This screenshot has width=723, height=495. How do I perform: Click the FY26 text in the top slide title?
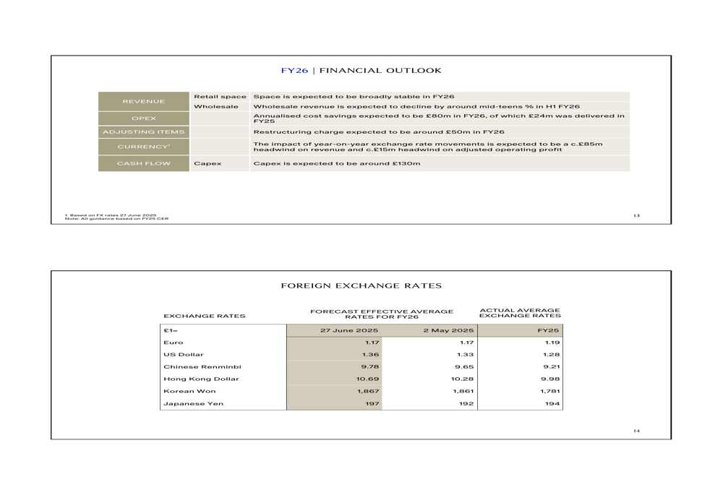coord(294,71)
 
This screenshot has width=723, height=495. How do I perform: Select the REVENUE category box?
coord(143,102)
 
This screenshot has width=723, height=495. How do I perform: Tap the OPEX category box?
coord(143,119)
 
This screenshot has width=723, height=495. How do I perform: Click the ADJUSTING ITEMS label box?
coord(143,132)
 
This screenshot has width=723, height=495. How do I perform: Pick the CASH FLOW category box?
coord(143,163)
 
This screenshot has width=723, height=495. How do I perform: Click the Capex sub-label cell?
coord(208,163)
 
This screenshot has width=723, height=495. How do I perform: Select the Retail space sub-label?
coord(220,97)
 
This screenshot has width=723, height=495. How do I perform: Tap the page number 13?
coord(636,215)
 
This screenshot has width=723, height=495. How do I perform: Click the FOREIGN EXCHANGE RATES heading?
coord(361,287)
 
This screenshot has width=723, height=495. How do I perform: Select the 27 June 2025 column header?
coord(350,330)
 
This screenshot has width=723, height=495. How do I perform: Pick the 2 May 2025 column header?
coord(448,330)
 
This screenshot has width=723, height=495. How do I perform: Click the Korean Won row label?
coord(189,391)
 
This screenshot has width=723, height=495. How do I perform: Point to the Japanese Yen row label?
coord(193,404)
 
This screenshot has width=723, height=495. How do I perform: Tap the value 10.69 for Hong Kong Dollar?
coord(368,379)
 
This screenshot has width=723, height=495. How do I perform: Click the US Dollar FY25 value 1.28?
coord(552,355)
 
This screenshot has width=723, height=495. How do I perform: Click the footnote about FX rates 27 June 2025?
coord(111,215)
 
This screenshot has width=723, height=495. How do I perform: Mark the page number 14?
coord(636,431)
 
